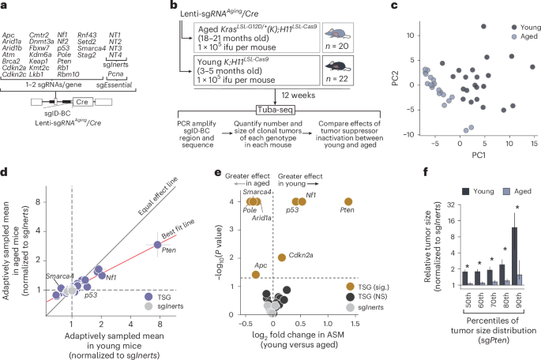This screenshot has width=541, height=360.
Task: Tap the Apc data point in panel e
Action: point(256,275)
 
